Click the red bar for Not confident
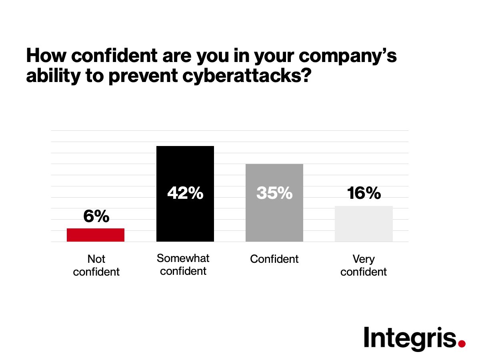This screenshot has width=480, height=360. click(96, 235)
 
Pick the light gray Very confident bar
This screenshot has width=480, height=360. click(364, 224)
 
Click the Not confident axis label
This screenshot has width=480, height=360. click(96, 266)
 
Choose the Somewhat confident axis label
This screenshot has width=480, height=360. click(183, 264)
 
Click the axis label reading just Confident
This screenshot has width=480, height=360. click(274, 259)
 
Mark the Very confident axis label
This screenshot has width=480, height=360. click(364, 266)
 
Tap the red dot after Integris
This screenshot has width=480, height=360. click(462, 343)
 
